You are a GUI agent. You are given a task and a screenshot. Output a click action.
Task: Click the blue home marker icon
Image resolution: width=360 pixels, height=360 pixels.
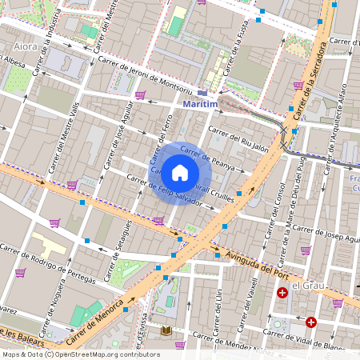pyautogui.click(x=180, y=172)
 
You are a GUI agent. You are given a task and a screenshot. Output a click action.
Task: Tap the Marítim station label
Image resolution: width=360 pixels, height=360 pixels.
pyautogui.click(x=201, y=105)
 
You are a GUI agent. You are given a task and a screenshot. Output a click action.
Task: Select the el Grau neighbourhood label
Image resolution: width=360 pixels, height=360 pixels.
pyautogui.click(x=306, y=286)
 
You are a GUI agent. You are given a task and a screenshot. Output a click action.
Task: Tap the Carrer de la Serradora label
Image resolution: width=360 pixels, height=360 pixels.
pyautogui.click(x=308, y=80)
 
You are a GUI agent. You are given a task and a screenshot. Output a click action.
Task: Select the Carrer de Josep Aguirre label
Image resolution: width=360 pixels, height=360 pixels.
pyautogui.click(x=326, y=233)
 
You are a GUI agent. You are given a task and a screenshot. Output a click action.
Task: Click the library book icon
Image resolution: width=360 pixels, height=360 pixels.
pyautogui.click(x=166, y=330)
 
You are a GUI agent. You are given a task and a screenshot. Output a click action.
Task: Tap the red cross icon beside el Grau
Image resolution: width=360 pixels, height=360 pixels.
pyautogui.click(x=282, y=294)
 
